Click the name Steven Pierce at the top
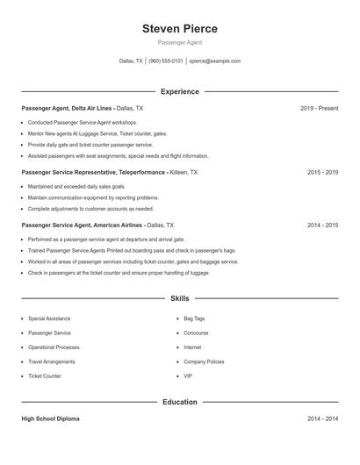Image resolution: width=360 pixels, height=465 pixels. click(179, 29)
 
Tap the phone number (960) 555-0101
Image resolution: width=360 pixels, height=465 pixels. click(166, 61)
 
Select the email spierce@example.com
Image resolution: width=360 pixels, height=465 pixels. click(214, 61)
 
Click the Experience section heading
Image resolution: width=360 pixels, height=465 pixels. click(179, 91)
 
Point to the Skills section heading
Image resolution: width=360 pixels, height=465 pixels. click(179, 299)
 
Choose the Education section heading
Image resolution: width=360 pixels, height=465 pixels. click(179, 402)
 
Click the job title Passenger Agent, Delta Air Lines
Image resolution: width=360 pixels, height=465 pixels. click(67, 108)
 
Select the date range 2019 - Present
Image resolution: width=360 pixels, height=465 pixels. click(319, 108)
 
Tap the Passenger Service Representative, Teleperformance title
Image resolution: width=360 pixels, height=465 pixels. click(92, 173)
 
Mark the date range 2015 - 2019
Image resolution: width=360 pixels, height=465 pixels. click(322, 173)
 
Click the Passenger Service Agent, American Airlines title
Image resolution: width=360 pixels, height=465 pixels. click(83, 225)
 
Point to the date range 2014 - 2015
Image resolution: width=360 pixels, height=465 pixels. click(322, 225)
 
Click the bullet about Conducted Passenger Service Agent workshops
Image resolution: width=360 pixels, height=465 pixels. click(83, 123)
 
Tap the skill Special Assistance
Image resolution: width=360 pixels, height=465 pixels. click(49, 318)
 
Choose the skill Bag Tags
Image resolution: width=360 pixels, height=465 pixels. click(194, 318)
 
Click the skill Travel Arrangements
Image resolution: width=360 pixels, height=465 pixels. click(51, 361)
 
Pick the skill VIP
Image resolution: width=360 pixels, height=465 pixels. click(188, 376)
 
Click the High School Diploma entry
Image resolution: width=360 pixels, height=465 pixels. click(50, 419)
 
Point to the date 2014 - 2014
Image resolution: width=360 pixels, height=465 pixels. click(322, 419)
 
